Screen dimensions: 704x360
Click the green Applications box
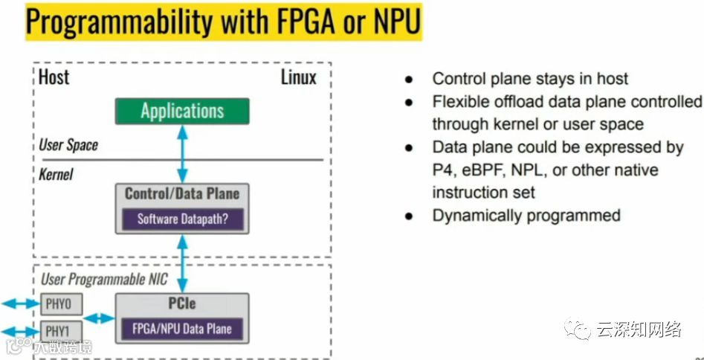(x=182, y=112)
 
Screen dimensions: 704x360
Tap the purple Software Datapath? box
(x=182, y=219)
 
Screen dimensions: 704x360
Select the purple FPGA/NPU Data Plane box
(x=182, y=328)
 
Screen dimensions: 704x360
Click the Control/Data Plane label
(x=182, y=194)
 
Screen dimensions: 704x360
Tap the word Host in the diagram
(x=54, y=77)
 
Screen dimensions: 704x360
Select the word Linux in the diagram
(x=298, y=77)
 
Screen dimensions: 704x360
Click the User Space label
(x=68, y=144)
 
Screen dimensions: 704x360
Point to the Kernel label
(x=56, y=176)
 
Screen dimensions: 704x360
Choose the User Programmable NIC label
(x=103, y=280)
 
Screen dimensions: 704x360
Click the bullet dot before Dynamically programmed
(x=409, y=216)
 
